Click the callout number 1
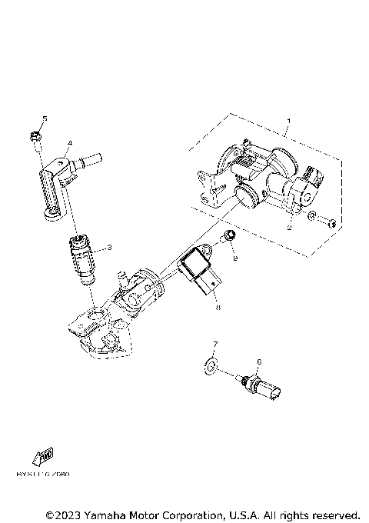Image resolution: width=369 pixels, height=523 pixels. [x=288, y=121]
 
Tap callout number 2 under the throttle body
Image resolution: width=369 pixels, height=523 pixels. [x=289, y=227]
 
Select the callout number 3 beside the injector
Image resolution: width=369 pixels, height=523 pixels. [x=110, y=247]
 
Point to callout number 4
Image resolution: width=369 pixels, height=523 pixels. [x=69, y=143]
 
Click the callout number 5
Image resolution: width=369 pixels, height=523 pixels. [x=45, y=118]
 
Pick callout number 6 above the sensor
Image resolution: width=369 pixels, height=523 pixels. [x=259, y=361]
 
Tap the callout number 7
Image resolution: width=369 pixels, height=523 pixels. [x=215, y=344]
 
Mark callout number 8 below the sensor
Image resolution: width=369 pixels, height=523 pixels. [x=218, y=308]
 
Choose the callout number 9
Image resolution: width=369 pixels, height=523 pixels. [x=235, y=260]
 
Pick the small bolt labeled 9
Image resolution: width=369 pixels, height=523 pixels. [x=228, y=236]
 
